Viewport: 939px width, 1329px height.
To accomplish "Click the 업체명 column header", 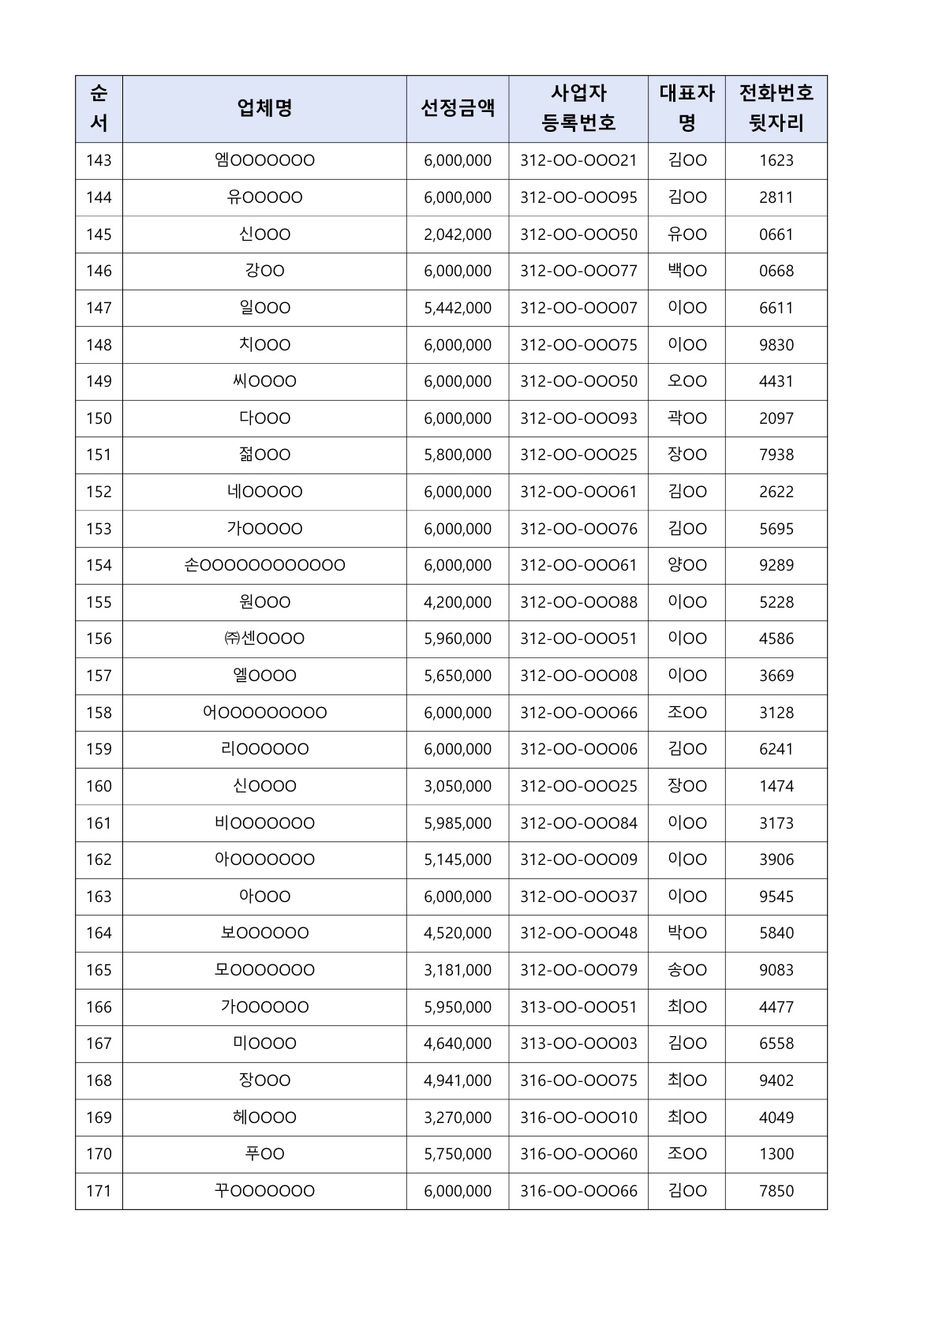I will click(x=264, y=109).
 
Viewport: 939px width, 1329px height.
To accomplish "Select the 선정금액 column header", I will click(x=458, y=109).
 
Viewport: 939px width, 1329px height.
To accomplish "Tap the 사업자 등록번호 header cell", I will click(x=578, y=109).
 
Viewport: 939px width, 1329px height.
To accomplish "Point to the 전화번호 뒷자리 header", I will click(x=776, y=109).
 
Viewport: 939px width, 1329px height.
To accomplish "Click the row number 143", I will click(x=99, y=161).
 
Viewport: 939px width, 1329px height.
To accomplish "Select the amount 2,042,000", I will click(x=458, y=234).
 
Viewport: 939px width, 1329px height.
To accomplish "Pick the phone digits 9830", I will click(x=776, y=345).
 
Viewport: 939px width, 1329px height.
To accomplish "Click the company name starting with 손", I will click(x=264, y=566).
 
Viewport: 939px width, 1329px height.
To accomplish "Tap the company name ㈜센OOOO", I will click(x=264, y=639).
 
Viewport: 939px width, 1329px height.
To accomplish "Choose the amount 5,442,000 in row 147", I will click(x=458, y=308).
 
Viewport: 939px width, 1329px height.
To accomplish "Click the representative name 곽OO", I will click(x=686, y=418).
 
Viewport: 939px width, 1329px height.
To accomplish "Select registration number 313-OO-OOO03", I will click(x=578, y=1044).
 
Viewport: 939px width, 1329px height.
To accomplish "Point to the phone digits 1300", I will click(x=776, y=1155).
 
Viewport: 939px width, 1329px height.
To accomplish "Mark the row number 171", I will click(x=99, y=1191).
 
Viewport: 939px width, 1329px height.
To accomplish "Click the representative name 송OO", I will click(x=686, y=970).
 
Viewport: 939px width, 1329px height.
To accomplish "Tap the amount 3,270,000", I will click(x=458, y=1117).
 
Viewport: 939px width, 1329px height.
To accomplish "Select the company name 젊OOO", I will click(x=264, y=455).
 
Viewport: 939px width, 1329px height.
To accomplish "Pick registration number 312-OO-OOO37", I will click(x=578, y=897).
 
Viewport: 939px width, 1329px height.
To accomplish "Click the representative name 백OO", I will click(x=686, y=271).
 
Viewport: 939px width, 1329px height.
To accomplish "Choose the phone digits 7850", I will click(x=776, y=1191).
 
